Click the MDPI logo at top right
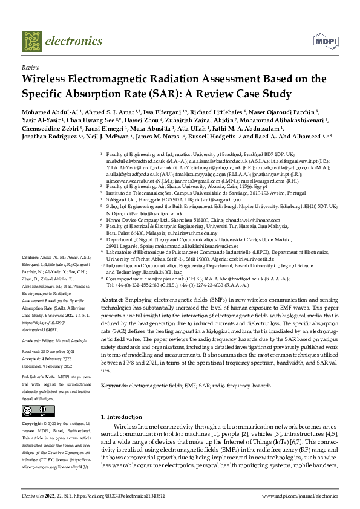pos(324,41)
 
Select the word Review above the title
pos(30,68)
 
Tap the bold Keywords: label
pos(117,368)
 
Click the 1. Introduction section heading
pos(123,400)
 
